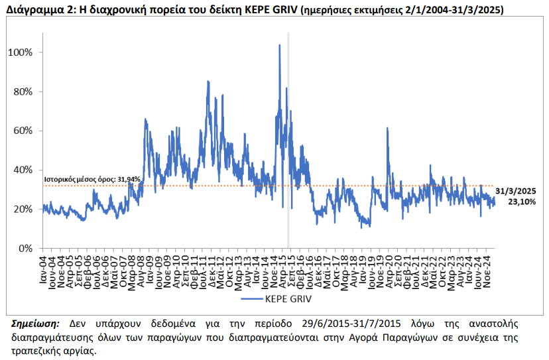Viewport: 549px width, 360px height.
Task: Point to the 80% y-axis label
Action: [23, 91]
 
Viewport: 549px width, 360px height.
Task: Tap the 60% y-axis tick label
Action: [23, 131]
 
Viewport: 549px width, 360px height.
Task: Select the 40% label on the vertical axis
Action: [23, 170]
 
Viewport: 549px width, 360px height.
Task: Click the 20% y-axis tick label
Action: [23, 209]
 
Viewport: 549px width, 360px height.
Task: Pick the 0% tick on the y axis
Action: [26, 248]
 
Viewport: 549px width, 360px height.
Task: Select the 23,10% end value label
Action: [522, 202]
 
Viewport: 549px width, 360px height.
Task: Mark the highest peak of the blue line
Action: [279, 45]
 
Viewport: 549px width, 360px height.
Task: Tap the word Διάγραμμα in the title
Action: [32, 11]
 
